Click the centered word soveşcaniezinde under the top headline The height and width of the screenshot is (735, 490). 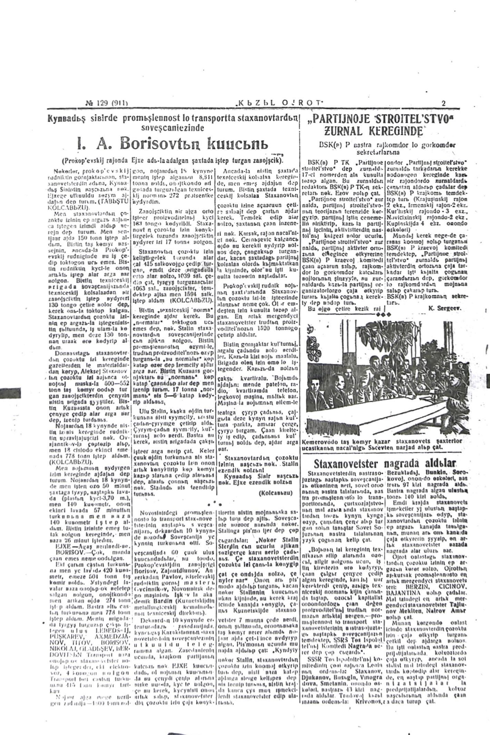pos(173,128)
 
